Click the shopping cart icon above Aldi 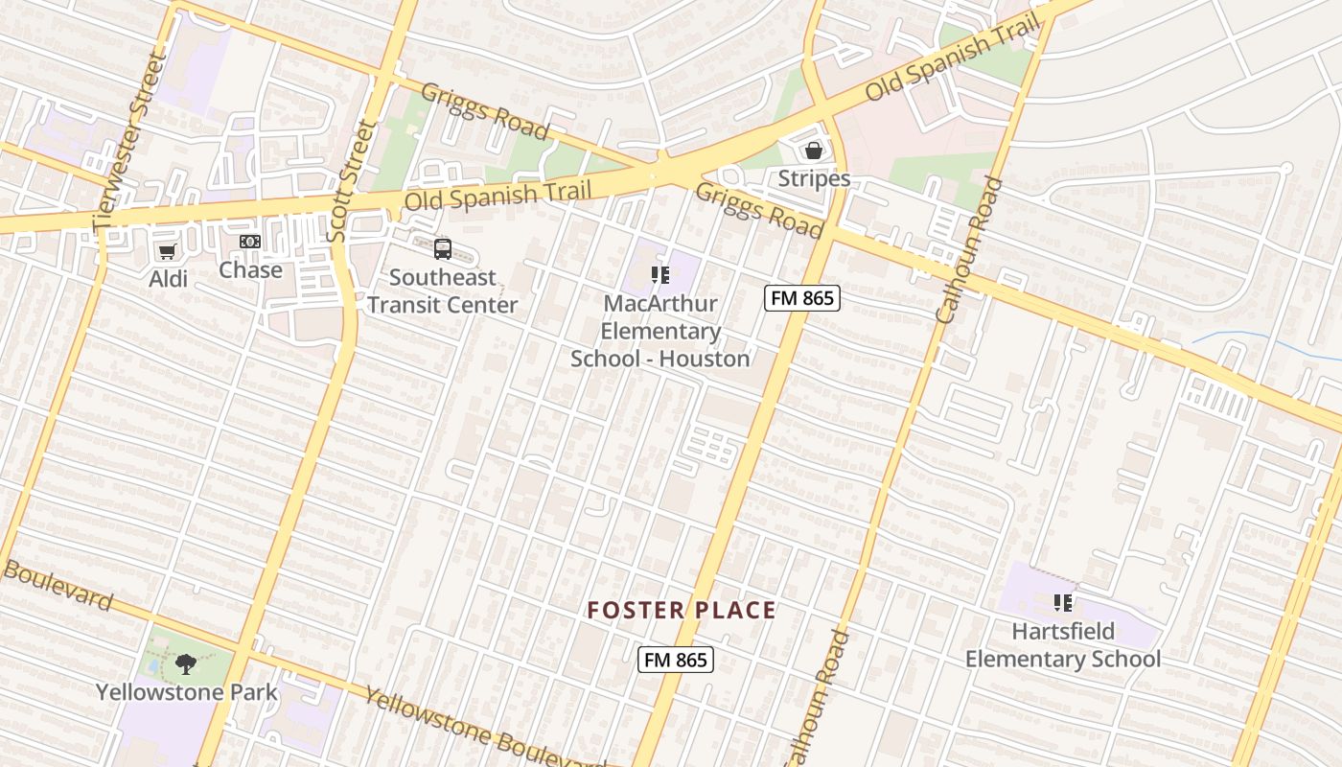168,251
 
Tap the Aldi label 168,279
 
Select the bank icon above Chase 250,242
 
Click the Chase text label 250,269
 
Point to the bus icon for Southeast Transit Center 443,249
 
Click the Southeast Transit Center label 443,291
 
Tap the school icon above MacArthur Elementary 659,276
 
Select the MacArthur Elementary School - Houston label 659,332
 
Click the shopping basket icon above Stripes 814,151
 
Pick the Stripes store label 814,179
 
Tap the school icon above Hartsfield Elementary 1062,603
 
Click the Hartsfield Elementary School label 1062,645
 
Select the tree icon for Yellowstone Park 186,663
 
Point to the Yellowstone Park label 186,691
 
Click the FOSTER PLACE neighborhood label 682,611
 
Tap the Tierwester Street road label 131,139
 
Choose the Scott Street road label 353,181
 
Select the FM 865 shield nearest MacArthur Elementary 802,298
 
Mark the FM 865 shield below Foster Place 676,660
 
